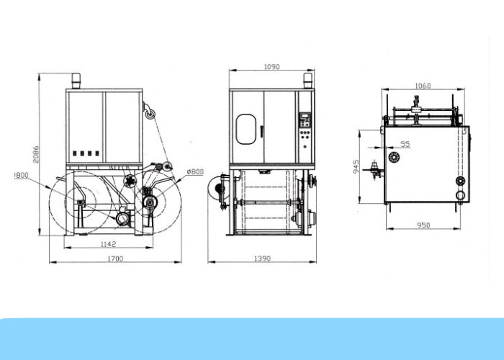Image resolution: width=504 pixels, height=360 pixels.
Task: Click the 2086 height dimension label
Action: pyautogui.click(x=36, y=154)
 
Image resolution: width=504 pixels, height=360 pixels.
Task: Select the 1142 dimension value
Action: pyautogui.click(x=108, y=244)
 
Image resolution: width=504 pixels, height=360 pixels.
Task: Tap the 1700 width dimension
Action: pyautogui.click(x=115, y=258)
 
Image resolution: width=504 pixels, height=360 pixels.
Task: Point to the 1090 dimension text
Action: pyautogui.click(x=271, y=67)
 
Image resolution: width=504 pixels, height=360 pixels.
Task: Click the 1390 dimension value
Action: pyautogui.click(x=262, y=258)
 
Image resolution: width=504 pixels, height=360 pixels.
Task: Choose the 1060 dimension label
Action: pyautogui.click(x=423, y=86)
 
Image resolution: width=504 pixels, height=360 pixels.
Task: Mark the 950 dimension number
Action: pyautogui.click(x=423, y=225)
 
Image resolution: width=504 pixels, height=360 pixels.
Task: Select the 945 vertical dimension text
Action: pyautogui.click(x=356, y=167)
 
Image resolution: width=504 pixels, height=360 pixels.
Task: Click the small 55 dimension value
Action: pyautogui.click(x=405, y=144)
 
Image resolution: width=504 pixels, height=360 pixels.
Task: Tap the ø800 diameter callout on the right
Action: pyautogui.click(x=195, y=172)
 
